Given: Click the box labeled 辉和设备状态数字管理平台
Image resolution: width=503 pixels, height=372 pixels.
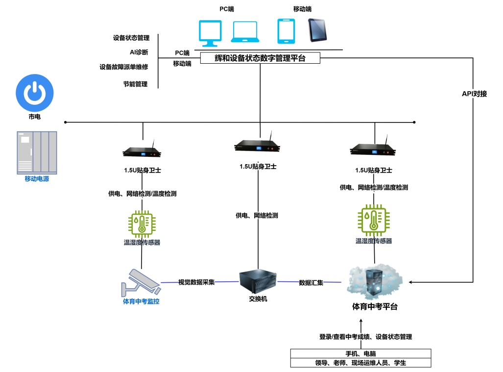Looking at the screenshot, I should click(260, 58).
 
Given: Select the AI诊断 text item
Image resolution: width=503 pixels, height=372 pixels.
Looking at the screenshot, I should click(136, 52).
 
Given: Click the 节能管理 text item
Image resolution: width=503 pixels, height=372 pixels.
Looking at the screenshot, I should click(135, 84).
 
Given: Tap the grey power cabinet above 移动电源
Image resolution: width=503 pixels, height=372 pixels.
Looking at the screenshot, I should click(37, 152).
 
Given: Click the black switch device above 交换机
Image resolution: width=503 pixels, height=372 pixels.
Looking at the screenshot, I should click(258, 282).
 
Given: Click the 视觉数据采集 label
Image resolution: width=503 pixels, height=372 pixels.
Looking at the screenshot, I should click(196, 282).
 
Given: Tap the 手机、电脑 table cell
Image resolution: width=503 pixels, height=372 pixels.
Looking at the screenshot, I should click(360, 354).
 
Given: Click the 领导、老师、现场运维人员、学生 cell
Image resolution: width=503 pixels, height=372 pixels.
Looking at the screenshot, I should click(360, 363).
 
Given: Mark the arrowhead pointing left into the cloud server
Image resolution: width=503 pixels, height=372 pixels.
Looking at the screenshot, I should click(411, 282).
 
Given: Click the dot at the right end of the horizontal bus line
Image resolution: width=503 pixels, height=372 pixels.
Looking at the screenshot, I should click(414, 122).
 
